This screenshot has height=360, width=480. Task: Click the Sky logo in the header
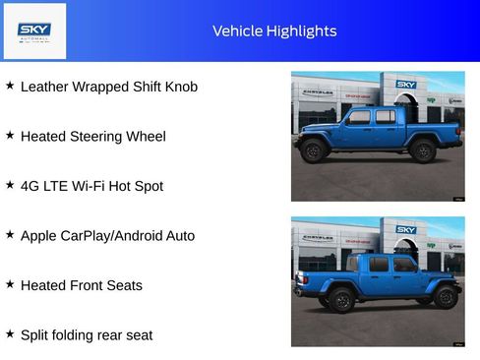[x=34, y=31]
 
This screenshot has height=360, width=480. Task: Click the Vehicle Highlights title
[x=274, y=31]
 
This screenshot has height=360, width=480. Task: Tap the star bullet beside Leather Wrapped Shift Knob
[x=10, y=86]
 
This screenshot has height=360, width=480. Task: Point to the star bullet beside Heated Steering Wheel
[x=10, y=135]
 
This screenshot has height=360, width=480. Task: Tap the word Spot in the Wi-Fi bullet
[x=149, y=186]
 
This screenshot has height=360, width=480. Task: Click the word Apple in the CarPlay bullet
[x=38, y=236]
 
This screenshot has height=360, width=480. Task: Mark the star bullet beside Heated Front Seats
[x=10, y=284]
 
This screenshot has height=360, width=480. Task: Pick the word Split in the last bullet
[x=35, y=335]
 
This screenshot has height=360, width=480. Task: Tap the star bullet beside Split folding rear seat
[x=10, y=333]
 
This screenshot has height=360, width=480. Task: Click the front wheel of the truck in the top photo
[x=313, y=151]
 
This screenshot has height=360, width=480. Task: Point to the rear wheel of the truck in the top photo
[x=423, y=151]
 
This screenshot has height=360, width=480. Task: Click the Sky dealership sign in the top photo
[x=406, y=85]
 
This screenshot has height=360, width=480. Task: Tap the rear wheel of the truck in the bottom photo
[x=341, y=300]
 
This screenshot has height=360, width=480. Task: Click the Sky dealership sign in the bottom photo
[x=406, y=229]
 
